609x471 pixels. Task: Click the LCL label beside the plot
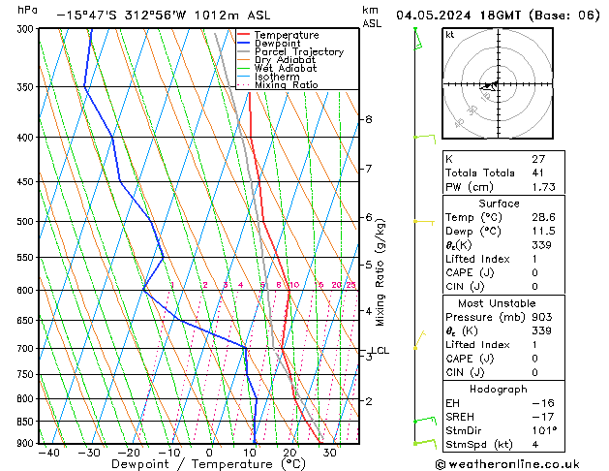pyautogui.click(x=380, y=351)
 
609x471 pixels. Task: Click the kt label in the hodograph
pyautogui.click(x=450, y=35)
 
